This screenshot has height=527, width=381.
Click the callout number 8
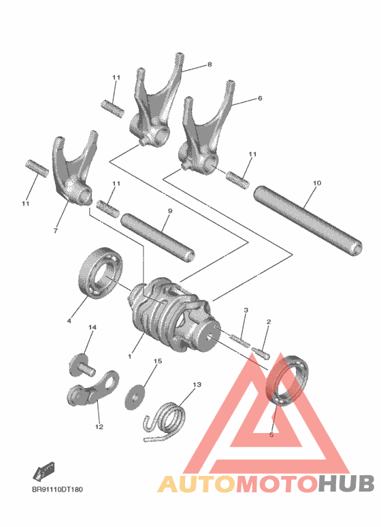210,65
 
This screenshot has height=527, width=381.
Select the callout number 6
259,99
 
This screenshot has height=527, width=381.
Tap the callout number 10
316,183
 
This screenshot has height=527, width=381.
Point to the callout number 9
169,211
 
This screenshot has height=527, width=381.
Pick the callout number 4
69,320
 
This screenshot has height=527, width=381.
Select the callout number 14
93,328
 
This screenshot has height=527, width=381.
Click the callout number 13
197,385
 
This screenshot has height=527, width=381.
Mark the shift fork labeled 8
153,102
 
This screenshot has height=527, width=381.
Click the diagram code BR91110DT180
59,489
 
